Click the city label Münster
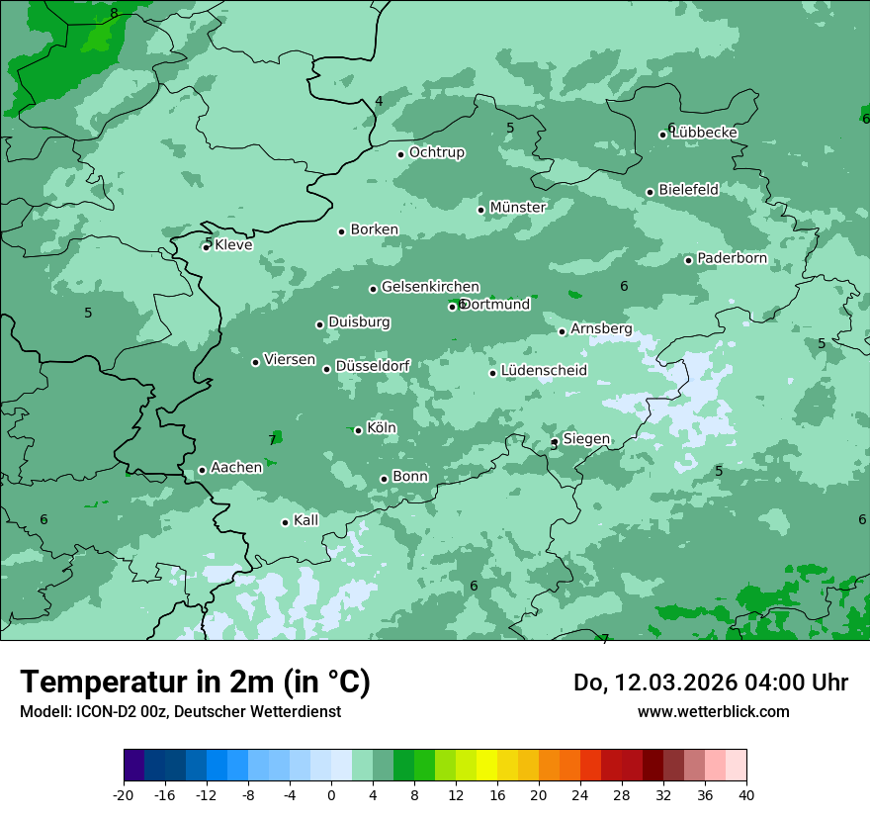coord(517,208)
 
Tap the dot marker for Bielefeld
coord(650,192)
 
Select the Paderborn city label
coord(732,258)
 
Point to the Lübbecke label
coord(704,133)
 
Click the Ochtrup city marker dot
coord(400,154)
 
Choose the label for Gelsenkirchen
coord(430,287)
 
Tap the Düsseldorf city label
coord(373,366)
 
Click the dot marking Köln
coord(358,430)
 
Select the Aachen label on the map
coord(236,467)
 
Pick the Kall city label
coord(305,520)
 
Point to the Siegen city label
coord(586,439)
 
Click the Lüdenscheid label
coord(544,371)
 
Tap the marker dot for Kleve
coord(206,247)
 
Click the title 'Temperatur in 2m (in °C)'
coord(195,682)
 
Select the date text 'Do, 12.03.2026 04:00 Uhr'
coord(711,683)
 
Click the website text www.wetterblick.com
coord(713,711)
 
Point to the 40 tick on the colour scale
coord(746,794)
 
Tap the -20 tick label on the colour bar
coord(123,794)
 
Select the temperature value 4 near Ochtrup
coord(379,101)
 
